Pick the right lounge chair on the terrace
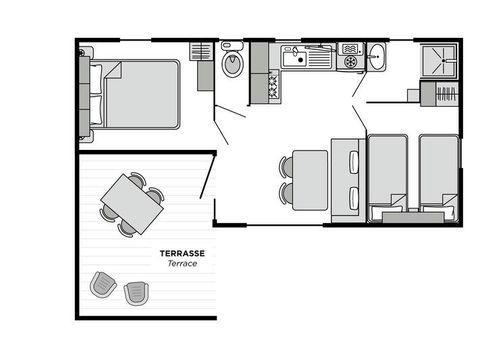136,292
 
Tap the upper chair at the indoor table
286,166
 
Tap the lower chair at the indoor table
286,191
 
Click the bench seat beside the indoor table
346,177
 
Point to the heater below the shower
443,95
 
